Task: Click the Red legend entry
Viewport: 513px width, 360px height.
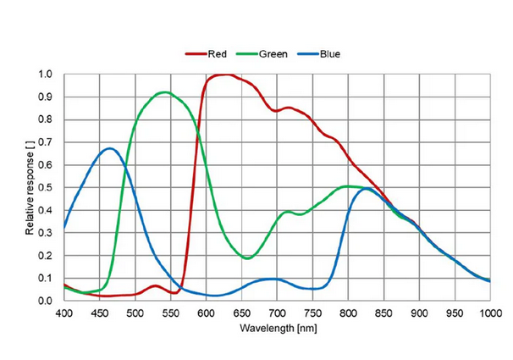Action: tap(212, 54)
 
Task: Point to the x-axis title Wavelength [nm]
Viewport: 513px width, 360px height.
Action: tap(277, 326)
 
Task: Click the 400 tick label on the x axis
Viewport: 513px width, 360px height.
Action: tap(64, 313)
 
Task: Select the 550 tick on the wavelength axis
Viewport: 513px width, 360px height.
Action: tap(171, 313)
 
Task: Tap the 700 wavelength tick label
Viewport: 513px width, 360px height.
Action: tap(278, 313)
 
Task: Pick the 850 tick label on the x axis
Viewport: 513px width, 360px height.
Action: tap(384, 313)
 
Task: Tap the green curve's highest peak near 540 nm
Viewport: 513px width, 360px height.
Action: tap(164, 92)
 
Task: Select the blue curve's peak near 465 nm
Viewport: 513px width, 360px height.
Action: tap(110, 149)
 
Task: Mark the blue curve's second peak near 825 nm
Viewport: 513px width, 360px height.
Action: tap(366, 189)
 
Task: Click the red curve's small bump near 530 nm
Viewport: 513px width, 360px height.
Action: tap(155, 285)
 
